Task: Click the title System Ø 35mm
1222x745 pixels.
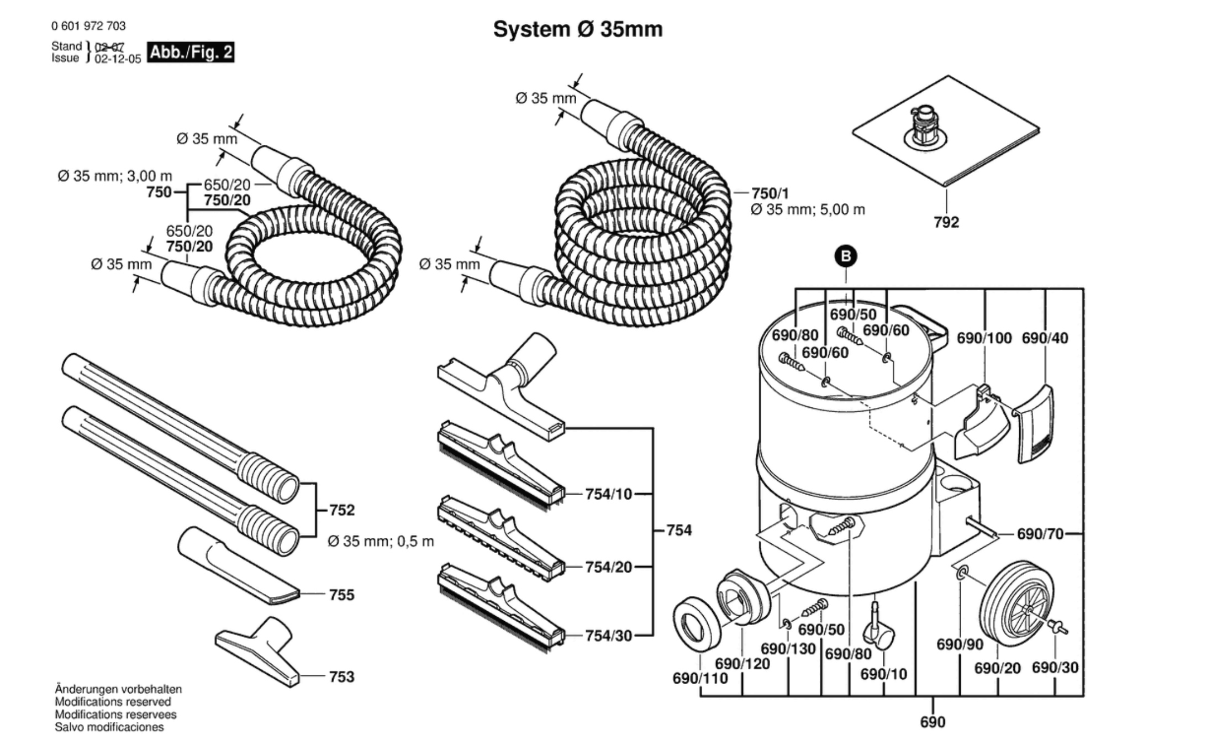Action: [577, 29]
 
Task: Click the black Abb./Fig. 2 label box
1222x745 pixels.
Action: [191, 53]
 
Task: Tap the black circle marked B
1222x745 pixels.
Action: [846, 256]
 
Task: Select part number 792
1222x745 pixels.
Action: [946, 222]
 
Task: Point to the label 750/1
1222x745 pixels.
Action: [770, 193]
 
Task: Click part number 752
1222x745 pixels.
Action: [342, 510]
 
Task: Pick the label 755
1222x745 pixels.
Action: [341, 595]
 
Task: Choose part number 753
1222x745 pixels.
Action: [341, 676]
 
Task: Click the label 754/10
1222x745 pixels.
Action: [608, 494]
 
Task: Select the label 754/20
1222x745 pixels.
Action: [608, 567]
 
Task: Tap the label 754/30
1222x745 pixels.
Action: [608, 636]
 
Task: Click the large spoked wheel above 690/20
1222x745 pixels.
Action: [1016, 604]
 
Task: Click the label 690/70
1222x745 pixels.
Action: [1040, 534]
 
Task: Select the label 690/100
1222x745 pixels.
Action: [984, 338]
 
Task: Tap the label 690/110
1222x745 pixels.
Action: [700, 678]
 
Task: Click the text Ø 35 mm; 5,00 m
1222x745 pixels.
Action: [808, 210]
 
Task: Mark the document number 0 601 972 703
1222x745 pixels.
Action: [88, 26]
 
